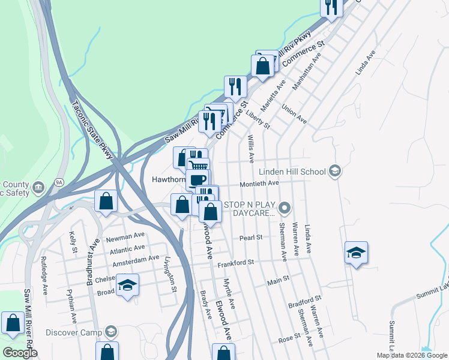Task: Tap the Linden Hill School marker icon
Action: [x=334, y=172]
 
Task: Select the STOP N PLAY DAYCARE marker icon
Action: [x=285, y=209]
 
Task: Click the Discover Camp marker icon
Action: [x=110, y=332]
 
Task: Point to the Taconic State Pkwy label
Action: [x=92, y=130]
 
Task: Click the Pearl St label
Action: [x=252, y=238]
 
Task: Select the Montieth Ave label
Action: [x=259, y=183]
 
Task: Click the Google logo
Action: [x=20, y=353]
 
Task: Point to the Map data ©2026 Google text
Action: [x=411, y=355]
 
